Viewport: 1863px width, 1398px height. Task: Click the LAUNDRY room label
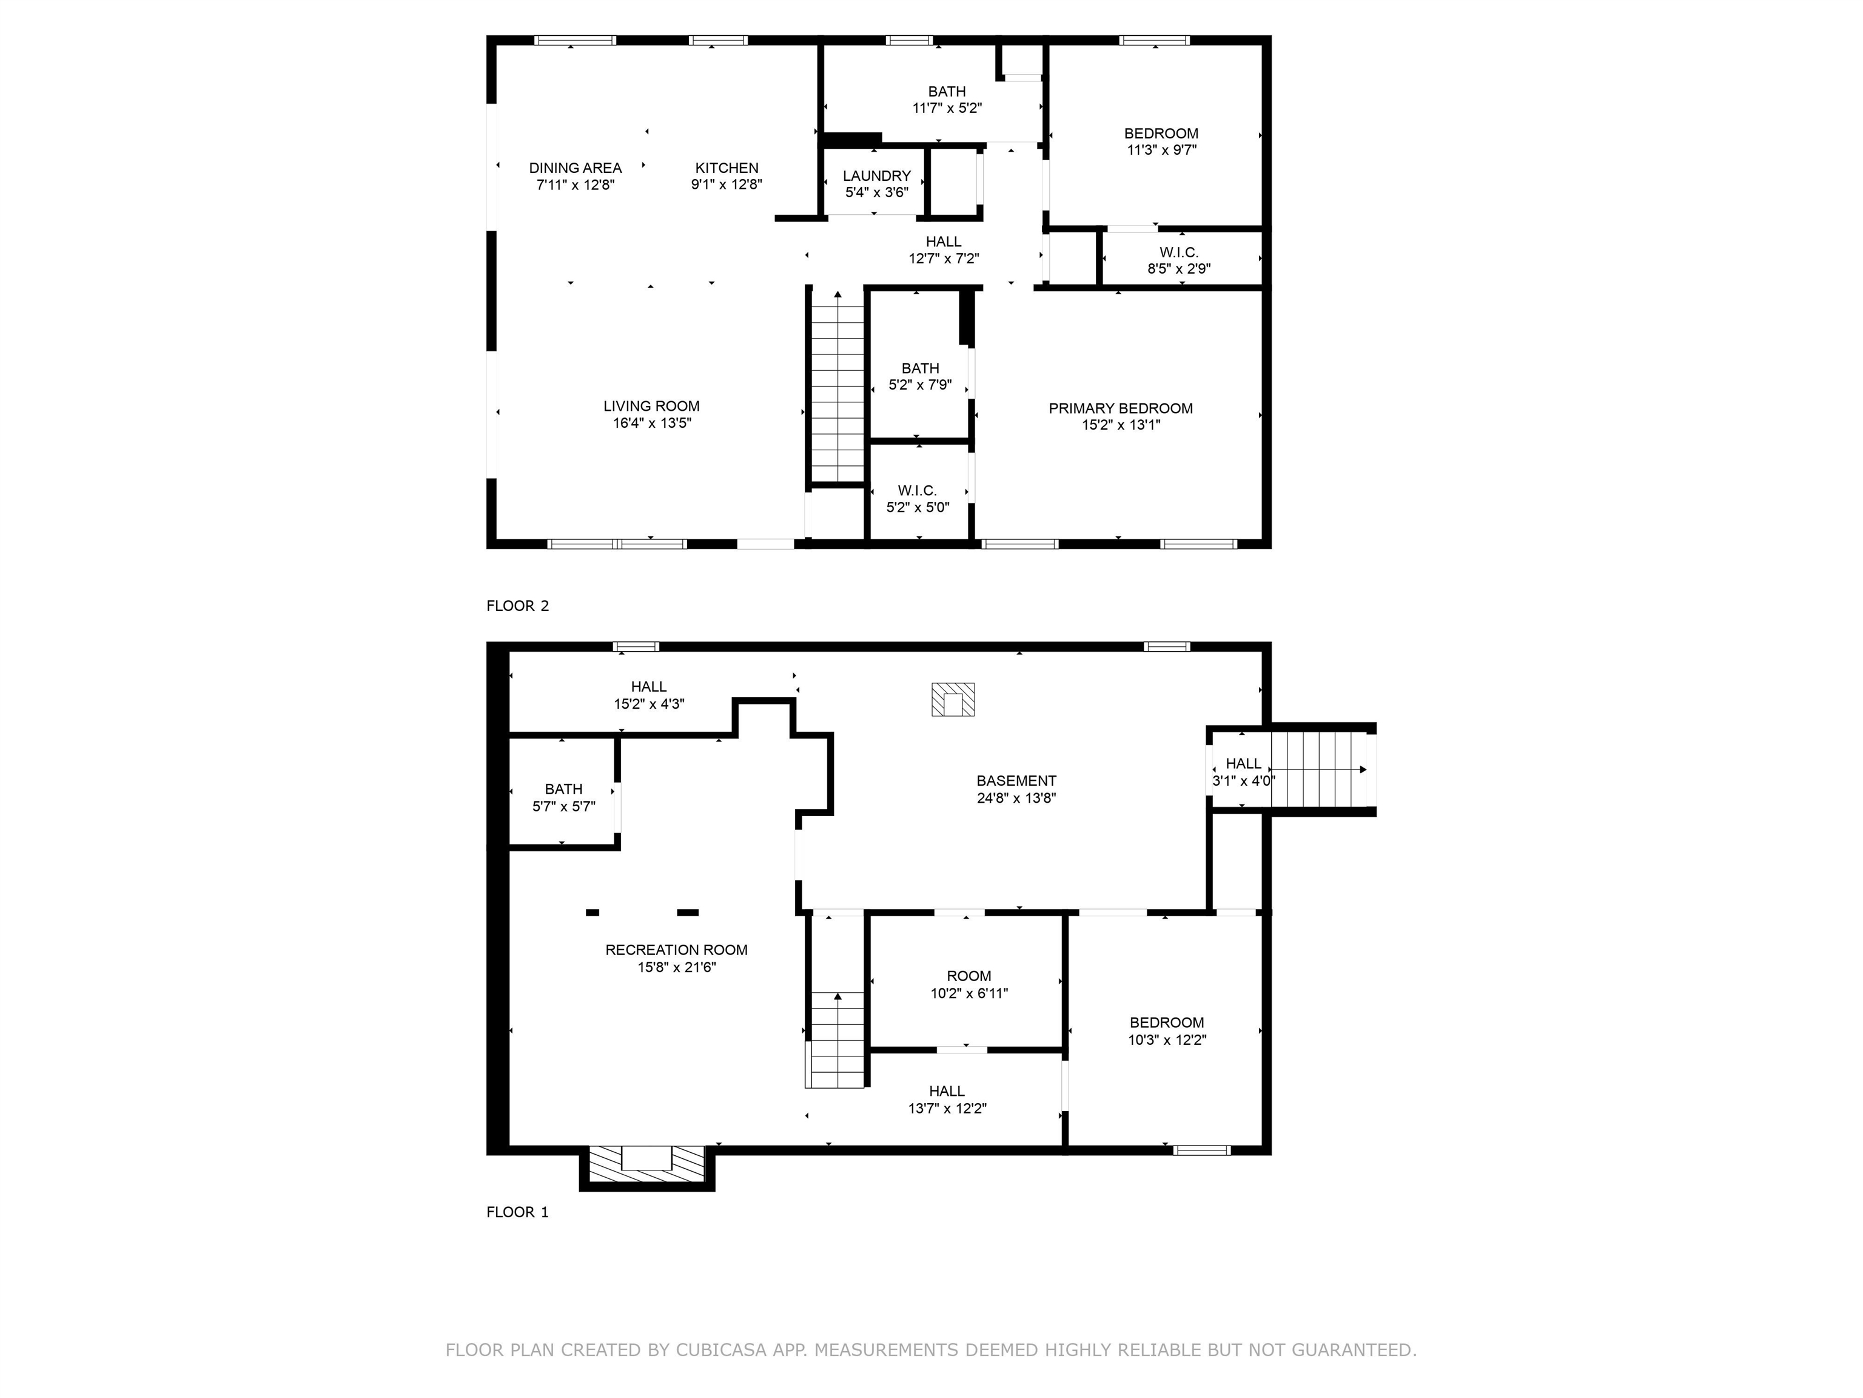coord(877,175)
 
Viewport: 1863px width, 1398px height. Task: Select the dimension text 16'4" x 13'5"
coord(652,423)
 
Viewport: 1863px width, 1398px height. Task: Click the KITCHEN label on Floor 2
coord(726,167)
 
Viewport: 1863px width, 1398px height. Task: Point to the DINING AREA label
coord(576,167)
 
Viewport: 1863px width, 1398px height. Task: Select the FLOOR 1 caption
coord(517,1212)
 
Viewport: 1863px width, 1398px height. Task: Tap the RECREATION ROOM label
coord(676,950)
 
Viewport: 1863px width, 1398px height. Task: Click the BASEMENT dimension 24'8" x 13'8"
coord(1016,798)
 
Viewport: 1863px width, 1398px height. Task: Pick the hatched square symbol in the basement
coord(953,700)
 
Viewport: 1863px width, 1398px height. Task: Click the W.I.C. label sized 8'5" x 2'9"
coord(1178,252)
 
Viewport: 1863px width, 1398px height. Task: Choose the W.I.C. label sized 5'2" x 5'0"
coord(917,490)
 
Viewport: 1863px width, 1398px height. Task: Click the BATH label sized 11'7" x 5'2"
coord(947,91)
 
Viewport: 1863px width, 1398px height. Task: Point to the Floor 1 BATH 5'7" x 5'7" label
coord(563,789)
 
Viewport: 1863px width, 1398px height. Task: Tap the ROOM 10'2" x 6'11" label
coord(968,976)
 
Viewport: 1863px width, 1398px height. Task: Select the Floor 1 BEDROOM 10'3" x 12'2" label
coord(1166,1022)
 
